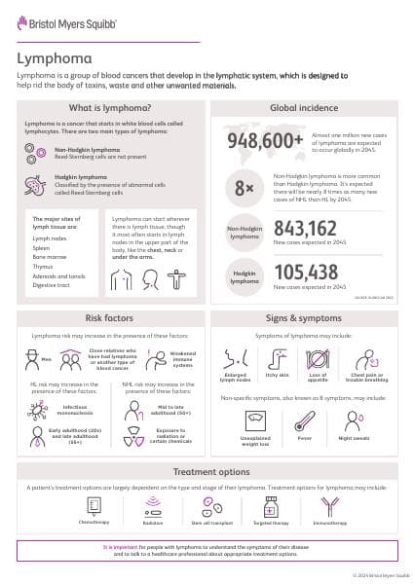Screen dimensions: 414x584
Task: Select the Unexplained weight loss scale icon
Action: (255, 421)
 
